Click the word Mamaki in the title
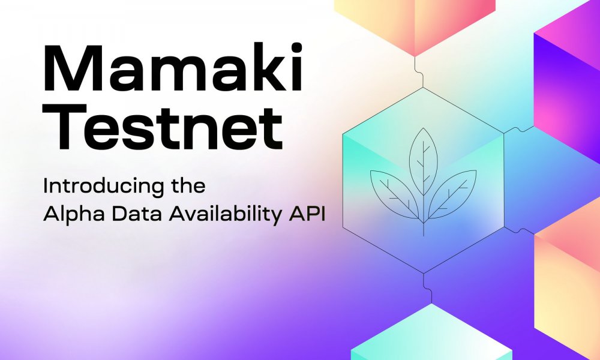173,67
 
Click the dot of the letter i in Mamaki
296,48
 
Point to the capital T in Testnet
65,126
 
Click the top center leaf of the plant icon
423,161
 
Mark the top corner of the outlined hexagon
423,88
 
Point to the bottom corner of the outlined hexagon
424,273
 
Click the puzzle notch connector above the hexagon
419,72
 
